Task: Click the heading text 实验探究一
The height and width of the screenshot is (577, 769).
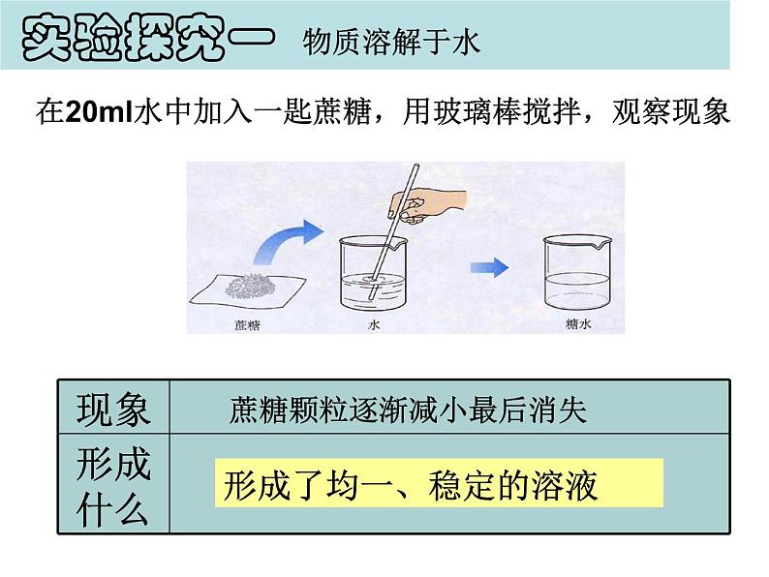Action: click(148, 37)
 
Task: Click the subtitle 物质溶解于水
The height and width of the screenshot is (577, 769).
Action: click(391, 42)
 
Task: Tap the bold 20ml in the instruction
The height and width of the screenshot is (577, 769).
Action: click(99, 112)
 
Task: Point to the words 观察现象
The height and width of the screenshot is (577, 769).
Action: click(670, 112)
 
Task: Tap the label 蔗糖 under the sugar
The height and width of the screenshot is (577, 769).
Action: click(247, 325)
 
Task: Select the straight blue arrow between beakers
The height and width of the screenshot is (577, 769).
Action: click(489, 267)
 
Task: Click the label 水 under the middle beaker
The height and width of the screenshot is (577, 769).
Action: click(374, 324)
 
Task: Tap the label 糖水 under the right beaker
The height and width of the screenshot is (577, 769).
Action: click(578, 324)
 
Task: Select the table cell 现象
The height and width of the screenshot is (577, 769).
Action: click(113, 409)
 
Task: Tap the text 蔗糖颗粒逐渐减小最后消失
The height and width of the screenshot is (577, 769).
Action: click(408, 410)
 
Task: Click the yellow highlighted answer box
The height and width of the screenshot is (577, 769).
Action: click(439, 483)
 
